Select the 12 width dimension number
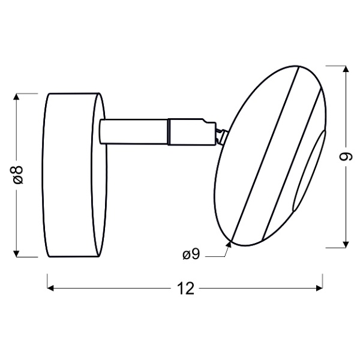[x=187, y=289]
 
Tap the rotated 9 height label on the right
[x=344, y=157]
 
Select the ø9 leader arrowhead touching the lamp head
[x=229, y=243]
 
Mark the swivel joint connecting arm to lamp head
[x=218, y=133]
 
